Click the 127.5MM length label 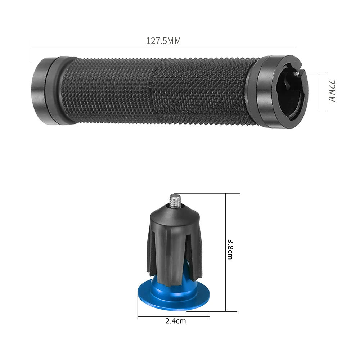click(x=163, y=41)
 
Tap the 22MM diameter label click(x=331, y=91)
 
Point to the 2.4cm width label click(x=176, y=321)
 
